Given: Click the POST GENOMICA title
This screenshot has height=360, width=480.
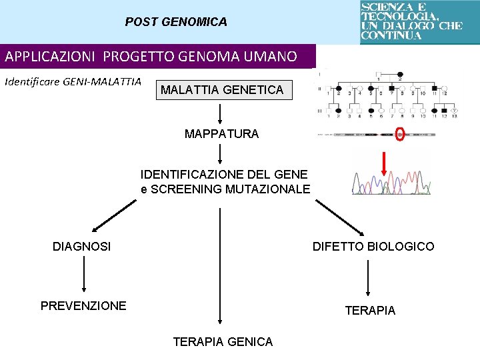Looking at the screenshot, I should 176,22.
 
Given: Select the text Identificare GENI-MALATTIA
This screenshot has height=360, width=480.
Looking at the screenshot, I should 73,82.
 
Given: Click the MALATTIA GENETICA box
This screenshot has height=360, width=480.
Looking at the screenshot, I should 222,89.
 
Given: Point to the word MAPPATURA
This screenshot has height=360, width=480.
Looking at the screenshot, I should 221,134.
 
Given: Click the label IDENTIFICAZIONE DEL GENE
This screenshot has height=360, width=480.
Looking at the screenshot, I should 224,175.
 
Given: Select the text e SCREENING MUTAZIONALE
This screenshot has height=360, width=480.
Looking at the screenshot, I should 225,189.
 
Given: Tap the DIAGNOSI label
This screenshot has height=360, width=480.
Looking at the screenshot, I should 82,247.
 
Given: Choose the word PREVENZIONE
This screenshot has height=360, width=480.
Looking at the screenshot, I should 83,306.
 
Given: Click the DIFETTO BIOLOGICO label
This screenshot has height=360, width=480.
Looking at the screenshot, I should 373,247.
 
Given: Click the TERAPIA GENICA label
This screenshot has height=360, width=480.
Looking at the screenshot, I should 223,342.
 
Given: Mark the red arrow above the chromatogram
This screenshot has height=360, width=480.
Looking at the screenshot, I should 383,164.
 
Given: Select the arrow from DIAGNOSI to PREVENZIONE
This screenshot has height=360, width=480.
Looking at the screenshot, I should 83,275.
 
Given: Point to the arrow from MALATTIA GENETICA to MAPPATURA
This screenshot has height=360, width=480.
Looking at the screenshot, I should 221,112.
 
